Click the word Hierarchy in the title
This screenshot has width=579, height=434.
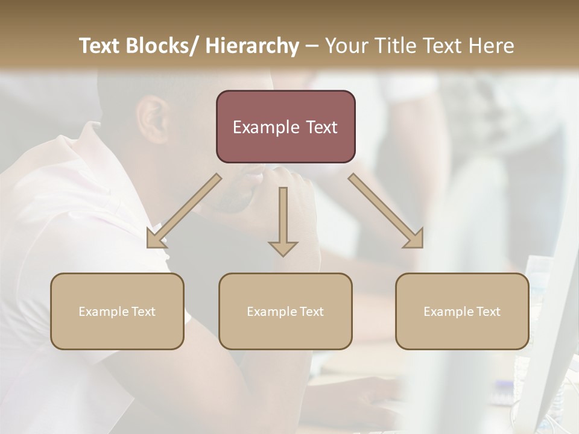tap(252, 46)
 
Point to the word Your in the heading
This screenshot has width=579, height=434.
tap(346, 46)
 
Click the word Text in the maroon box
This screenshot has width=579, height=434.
tap(320, 127)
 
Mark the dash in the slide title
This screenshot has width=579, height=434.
tap(312, 46)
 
